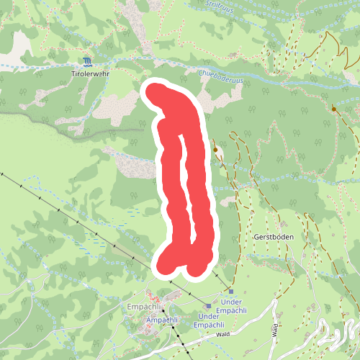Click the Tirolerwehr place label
click(x=91, y=73)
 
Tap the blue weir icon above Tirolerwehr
click(x=87, y=62)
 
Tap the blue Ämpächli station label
click(x=161, y=319)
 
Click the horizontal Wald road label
click(x=222, y=334)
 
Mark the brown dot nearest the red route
click(x=215, y=149)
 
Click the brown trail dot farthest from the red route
click(x=334, y=109)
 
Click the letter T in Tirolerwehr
click(x=73, y=73)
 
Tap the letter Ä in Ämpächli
click(x=148, y=319)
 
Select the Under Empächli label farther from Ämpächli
click(x=239, y=306)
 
